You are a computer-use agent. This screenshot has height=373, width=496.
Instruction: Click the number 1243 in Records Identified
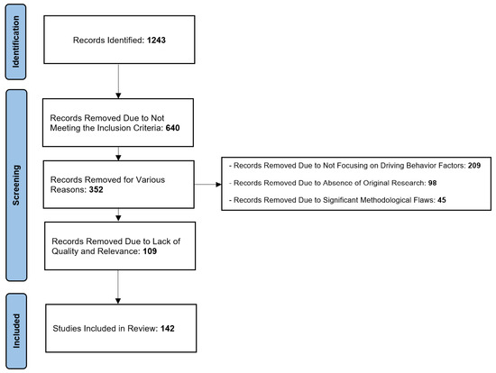[x=156, y=41]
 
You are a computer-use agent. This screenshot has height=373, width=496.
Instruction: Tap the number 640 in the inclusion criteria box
[x=173, y=128]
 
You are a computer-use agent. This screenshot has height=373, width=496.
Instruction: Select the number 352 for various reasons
[x=96, y=190]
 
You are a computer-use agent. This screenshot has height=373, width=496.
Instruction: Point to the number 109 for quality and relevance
[x=150, y=251]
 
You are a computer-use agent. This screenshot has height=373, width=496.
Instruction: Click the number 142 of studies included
[x=168, y=329]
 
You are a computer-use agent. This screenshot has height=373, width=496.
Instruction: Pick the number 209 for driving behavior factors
[x=474, y=165]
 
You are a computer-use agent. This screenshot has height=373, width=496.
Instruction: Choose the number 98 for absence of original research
[x=432, y=183]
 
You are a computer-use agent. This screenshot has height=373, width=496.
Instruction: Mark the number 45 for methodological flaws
[x=442, y=200]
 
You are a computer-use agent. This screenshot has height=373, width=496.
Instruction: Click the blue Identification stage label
[x=16, y=41]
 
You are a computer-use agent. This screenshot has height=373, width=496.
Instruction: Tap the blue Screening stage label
[x=16, y=186]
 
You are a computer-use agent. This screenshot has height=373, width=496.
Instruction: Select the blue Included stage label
[x=16, y=331]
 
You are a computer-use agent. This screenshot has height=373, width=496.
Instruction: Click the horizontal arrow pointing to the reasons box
[x=207, y=185]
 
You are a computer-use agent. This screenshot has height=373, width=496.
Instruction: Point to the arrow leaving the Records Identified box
[x=118, y=81]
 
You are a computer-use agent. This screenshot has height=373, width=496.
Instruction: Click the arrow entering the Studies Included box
[x=118, y=287]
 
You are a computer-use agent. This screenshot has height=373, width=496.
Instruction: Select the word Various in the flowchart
[x=151, y=180]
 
